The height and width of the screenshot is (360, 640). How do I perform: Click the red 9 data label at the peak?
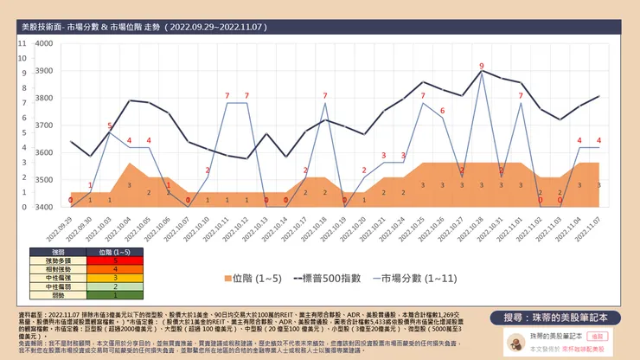[482, 66]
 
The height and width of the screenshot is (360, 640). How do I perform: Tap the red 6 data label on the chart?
[442, 111]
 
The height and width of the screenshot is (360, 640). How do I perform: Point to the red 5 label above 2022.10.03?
[110, 126]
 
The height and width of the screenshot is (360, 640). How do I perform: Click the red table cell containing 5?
[103, 260]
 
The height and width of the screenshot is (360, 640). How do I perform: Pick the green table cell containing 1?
[103, 294]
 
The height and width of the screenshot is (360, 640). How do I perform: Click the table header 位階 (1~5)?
[103, 251]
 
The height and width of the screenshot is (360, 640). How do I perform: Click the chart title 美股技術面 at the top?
[52, 28]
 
